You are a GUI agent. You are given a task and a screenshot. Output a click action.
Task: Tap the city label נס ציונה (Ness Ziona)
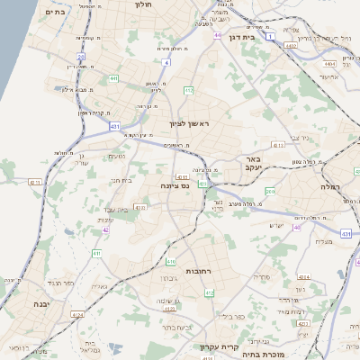(185, 186)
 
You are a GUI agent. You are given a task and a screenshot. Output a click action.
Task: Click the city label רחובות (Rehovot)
(198, 271)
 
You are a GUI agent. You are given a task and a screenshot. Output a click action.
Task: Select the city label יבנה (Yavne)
(40, 304)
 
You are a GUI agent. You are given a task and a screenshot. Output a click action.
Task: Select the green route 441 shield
(114, 78)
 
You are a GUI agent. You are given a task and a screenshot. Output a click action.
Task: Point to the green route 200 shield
(270, 192)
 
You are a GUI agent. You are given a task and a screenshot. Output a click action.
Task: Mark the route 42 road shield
(105, 230)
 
